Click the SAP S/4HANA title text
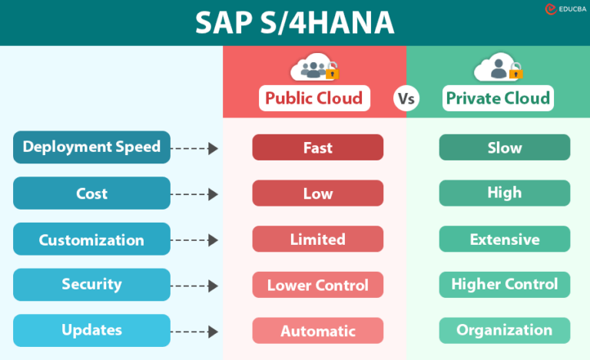tap(295, 23)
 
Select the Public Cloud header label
tap(313, 97)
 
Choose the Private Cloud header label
tap(498, 97)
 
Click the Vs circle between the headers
tap(406, 98)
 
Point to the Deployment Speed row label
tap(91, 147)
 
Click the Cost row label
tap(91, 193)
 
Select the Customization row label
tap(91, 239)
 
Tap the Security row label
tap(91, 285)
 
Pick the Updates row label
tap(91, 330)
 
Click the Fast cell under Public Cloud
tap(317, 147)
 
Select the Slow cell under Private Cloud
tap(504, 147)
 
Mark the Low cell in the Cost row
tap(317, 193)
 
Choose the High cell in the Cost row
tap(504, 193)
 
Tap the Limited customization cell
tap(317, 239)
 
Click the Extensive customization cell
tap(504, 239)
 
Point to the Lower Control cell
tap(317, 286)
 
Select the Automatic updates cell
tap(317, 331)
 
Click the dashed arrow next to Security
tap(195, 286)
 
